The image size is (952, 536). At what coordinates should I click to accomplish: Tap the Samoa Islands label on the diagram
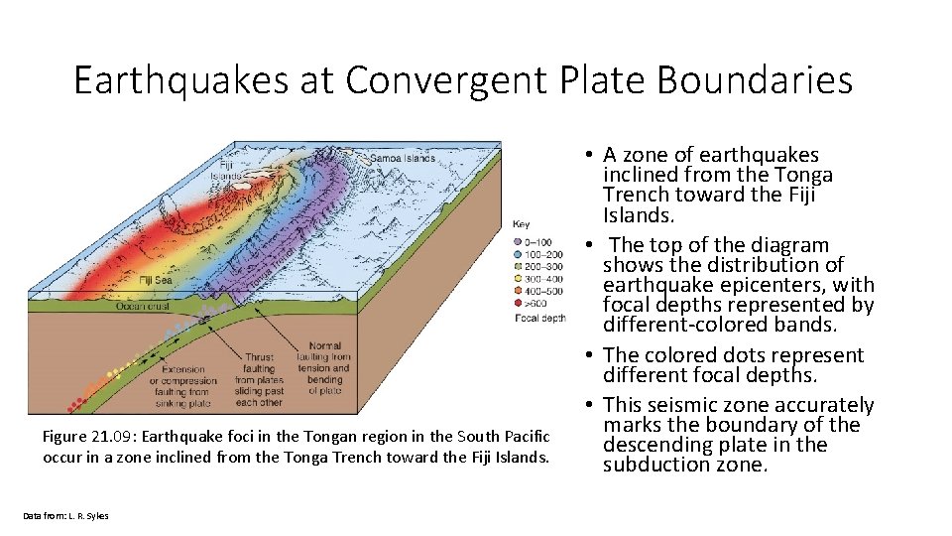(402, 158)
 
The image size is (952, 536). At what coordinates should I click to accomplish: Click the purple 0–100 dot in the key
(519, 241)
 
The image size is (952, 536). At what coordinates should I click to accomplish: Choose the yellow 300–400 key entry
(536, 278)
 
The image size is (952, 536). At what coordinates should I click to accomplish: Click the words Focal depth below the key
(540, 318)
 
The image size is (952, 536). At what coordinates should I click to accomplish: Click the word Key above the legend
(521, 224)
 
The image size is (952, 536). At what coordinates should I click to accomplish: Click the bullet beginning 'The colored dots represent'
(734, 365)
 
